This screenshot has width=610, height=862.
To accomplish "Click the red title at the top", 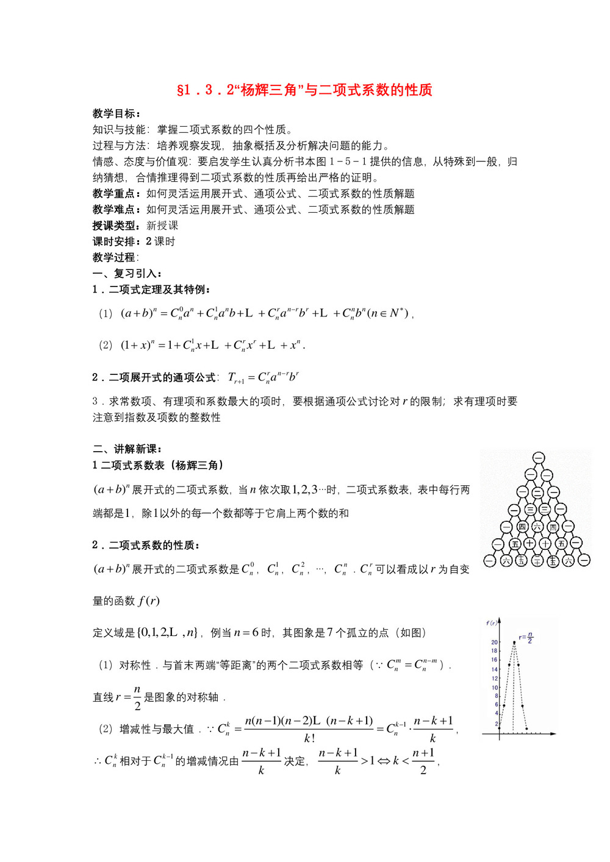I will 304,90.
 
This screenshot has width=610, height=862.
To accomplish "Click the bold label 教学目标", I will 116,113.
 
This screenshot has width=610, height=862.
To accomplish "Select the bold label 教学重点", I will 116,193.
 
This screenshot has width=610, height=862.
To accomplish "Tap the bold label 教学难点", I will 116,209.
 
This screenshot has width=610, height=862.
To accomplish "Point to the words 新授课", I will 162,225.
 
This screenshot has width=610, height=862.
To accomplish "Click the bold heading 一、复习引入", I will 127,273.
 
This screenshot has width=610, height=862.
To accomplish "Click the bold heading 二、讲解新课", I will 127,449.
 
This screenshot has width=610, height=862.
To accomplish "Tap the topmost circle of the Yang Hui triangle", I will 538,458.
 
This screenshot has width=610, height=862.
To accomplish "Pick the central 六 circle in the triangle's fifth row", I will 537,526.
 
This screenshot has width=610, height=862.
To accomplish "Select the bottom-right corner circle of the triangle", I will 584,560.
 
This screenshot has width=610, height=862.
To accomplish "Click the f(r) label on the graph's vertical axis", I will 492,623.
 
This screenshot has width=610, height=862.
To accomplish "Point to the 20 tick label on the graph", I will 494,642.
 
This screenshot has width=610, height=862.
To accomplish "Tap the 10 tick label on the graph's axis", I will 495,687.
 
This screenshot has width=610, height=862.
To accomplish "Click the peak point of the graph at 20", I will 514,642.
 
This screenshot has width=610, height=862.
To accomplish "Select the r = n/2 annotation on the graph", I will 526,638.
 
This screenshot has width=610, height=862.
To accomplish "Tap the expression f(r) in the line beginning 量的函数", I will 149,601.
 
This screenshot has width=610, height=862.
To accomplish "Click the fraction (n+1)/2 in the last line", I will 423,761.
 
